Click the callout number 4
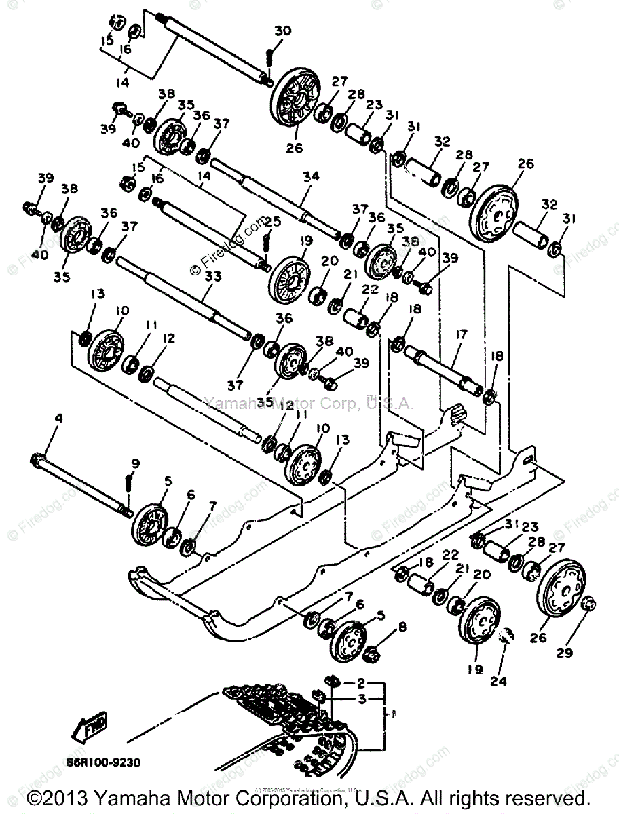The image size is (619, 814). point(58,419)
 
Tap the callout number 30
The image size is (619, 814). point(283,31)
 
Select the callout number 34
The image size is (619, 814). point(311,176)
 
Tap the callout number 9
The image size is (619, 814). point(136,463)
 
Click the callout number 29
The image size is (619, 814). point(564,653)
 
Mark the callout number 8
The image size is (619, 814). point(402,627)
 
